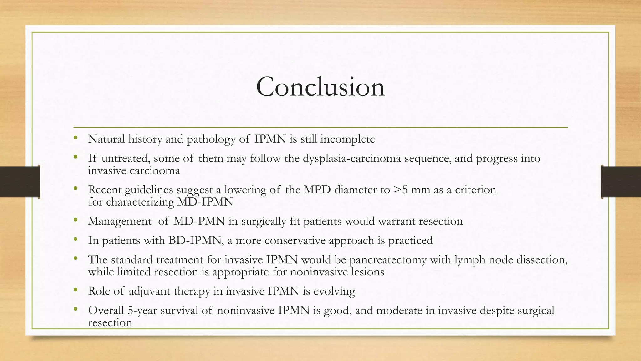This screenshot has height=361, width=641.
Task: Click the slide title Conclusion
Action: [x=320, y=87]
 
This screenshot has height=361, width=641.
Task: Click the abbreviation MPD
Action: [x=317, y=190]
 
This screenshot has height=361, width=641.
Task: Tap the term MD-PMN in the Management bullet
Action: [x=199, y=221]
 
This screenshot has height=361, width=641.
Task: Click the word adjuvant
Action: [x=149, y=291]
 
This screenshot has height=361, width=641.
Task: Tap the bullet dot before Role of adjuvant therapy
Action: [x=75, y=290]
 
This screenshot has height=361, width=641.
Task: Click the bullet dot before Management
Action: [x=75, y=220]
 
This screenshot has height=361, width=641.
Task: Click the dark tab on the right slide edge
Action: [x=621, y=182]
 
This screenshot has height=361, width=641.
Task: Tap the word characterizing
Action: [x=140, y=202]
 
